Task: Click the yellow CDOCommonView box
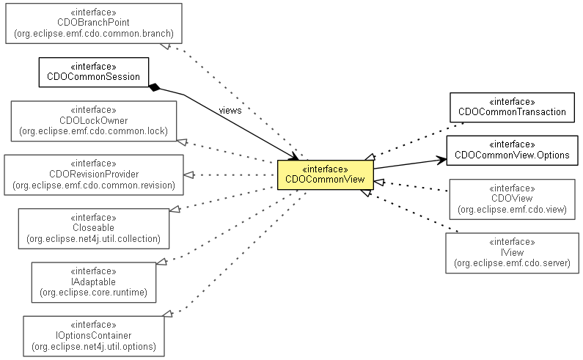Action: pyautogui.click(x=325, y=175)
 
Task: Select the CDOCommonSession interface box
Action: pyautogui.click(x=93, y=72)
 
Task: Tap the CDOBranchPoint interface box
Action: pyautogui.click(x=93, y=22)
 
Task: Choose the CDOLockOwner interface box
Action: pyautogui.click(x=94, y=121)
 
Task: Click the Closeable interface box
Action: pyautogui.click(x=93, y=228)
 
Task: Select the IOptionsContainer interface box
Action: pyautogui.click(x=93, y=335)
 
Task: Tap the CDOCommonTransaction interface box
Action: pyautogui.click(x=512, y=107)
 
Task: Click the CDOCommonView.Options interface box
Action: pyautogui.click(x=511, y=150)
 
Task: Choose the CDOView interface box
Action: pyautogui.click(x=511, y=198)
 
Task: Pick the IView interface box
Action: pyautogui.click(x=511, y=252)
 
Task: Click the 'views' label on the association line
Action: pyautogui.click(x=230, y=111)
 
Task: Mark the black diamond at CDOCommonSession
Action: pyautogui.click(x=154, y=88)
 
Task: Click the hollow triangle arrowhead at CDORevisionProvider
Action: pyautogui.click(x=188, y=175)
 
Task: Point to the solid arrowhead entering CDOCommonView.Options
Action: pyautogui.click(x=441, y=158)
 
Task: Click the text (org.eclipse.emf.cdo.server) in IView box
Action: pyautogui.click(x=511, y=262)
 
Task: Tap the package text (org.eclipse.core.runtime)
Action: pyautogui.click(x=93, y=293)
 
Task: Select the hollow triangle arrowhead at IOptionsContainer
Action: pyautogui.click(x=168, y=314)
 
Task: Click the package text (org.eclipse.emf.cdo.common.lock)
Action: pyautogui.click(x=94, y=131)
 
